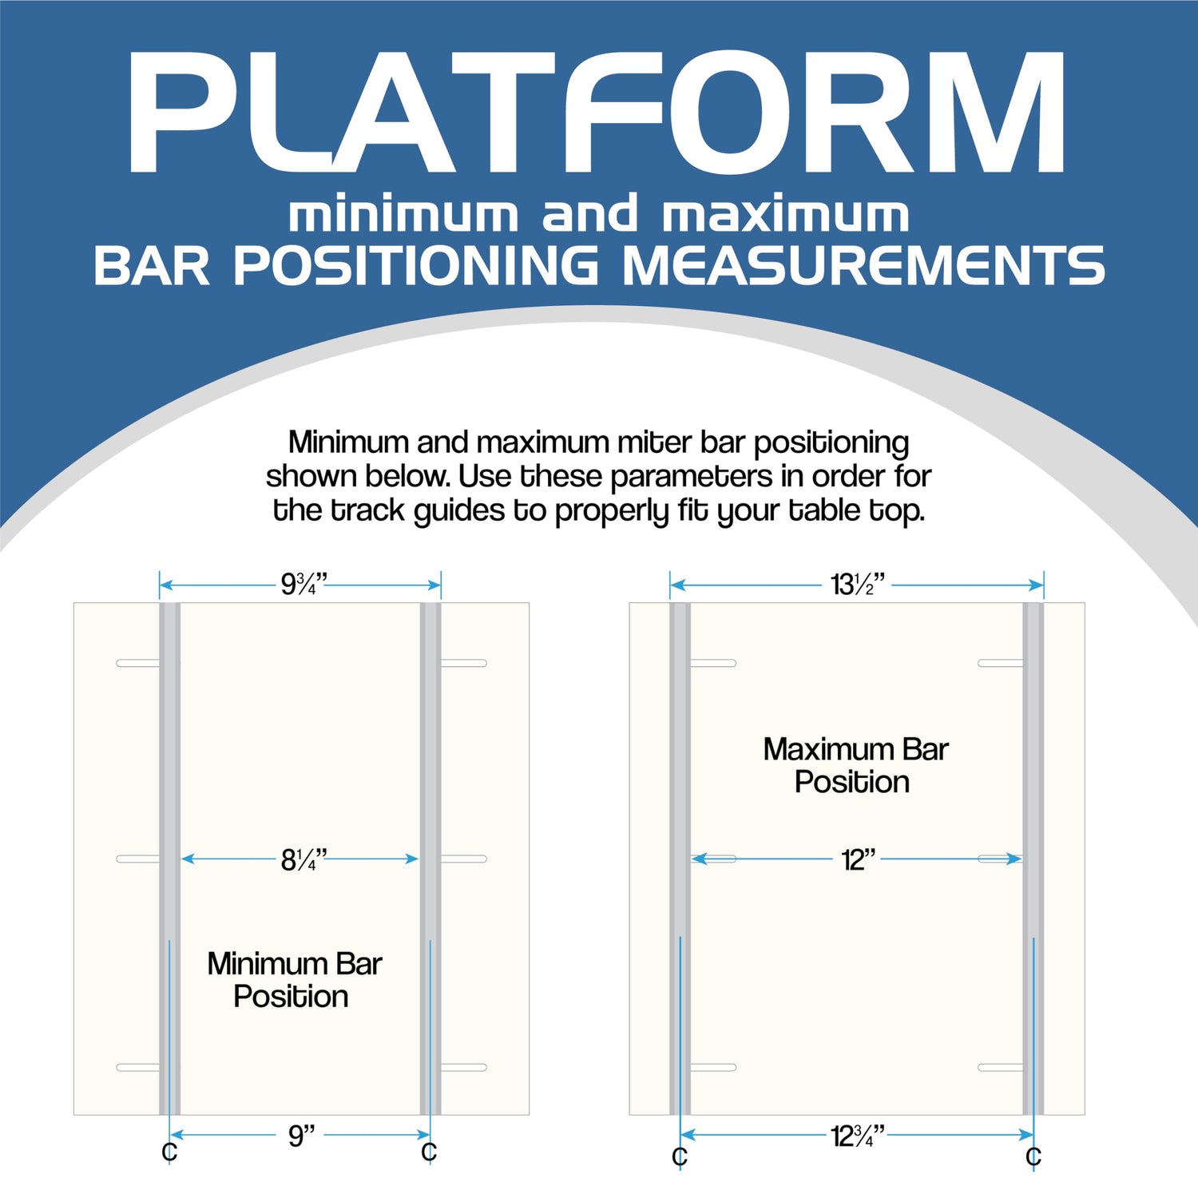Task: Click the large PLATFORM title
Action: [x=595, y=113]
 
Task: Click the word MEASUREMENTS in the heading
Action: [x=863, y=265]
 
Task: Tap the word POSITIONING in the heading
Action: [x=415, y=265]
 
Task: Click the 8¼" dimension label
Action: [x=304, y=859]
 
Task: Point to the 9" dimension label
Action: [x=302, y=1135]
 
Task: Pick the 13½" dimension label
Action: [x=858, y=585]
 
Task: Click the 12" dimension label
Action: [x=859, y=859]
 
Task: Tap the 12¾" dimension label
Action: [x=858, y=1135]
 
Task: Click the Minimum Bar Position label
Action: [x=294, y=980]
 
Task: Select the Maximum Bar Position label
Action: [x=855, y=765]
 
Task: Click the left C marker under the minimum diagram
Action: [x=169, y=1152]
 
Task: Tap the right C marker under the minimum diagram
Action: [x=429, y=1152]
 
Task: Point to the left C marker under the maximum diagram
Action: [x=680, y=1156]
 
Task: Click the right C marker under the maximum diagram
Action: [x=1033, y=1156]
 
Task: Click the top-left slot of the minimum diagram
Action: [x=138, y=663]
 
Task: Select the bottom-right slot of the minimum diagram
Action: [x=464, y=1067]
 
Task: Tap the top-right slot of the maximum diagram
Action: [x=1001, y=663]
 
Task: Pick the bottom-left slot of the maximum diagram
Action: [x=713, y=1067]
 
